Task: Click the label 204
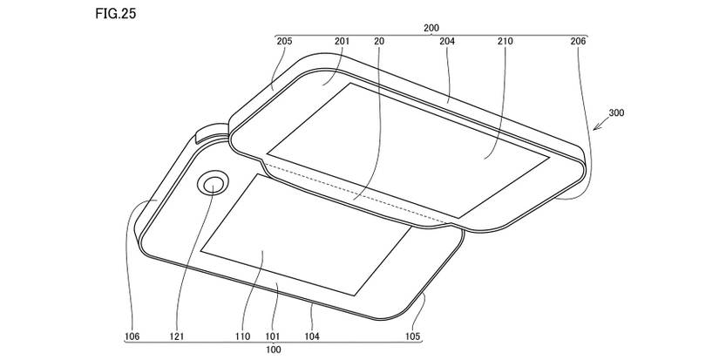click(x=447, y=41)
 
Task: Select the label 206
click(x=579, y=41)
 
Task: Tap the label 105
click(x=412, y=336)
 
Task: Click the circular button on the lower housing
click(x=214, y=184)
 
